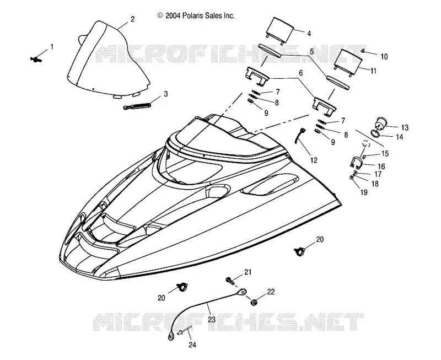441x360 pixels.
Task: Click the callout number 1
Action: click(52, 47)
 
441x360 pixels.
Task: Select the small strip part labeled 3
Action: click(137, 106)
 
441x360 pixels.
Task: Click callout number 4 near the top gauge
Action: click(309, 34)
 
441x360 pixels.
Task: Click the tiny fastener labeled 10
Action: click(363, 51)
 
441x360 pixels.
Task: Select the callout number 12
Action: click(314, 160)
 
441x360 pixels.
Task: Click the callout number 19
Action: click(364, 192)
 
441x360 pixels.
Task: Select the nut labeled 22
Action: click(254, 302)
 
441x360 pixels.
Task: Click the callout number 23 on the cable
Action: click(212, 320)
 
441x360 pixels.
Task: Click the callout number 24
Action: click(192, 345)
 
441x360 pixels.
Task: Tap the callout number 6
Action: click(300, 73)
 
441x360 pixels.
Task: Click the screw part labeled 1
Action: click(36, 59)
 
